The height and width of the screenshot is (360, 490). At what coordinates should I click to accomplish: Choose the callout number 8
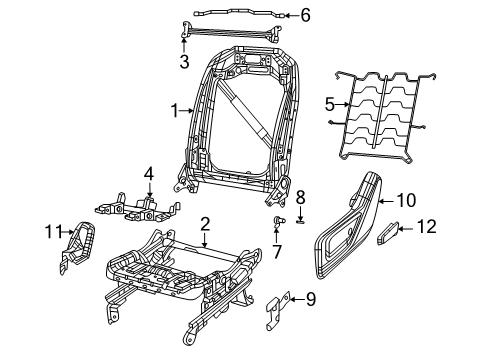[299, 197]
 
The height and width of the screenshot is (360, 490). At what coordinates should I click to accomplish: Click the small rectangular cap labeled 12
[388, 236]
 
